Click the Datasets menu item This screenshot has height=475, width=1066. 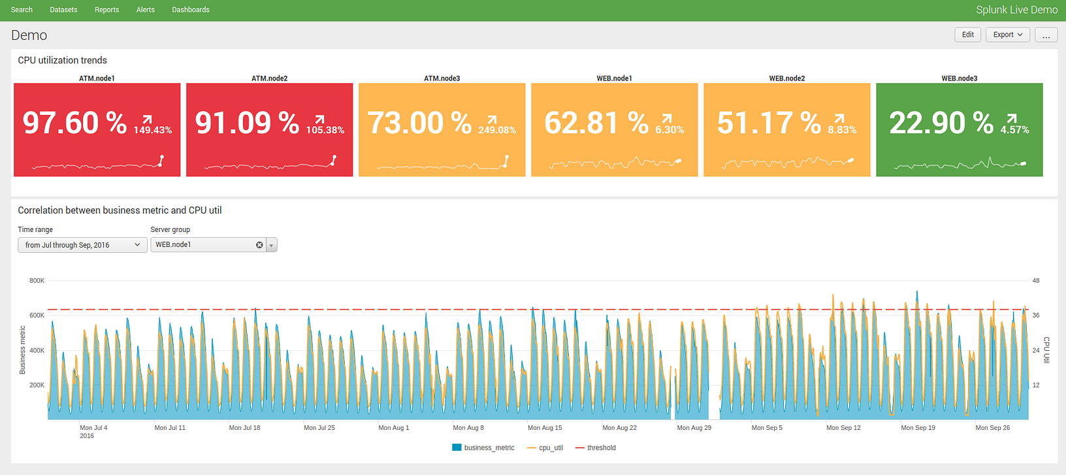tap(63, 10)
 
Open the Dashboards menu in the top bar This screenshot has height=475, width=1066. tap(191, 10)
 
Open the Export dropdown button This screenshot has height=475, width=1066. tap(1007, 35)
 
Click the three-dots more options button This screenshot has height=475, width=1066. tap(1046, 35)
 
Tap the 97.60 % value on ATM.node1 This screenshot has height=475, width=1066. tap(74, 123)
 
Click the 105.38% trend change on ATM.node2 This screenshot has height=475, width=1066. tap(325, 130)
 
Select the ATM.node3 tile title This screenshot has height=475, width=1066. tap(442, 78)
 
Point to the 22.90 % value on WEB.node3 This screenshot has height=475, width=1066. tap(941, 123)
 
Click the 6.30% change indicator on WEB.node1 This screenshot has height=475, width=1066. tap(670, 130)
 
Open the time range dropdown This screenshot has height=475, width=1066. tap(82, 245)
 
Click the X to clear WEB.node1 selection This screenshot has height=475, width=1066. tap(259, 245)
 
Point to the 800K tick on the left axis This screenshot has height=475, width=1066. tap(37, 281)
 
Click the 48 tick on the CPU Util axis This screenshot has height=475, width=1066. tap(1036, 281)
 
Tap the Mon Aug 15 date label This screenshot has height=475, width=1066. tap(545, 428)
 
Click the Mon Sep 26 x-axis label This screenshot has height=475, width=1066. tap(992, 428)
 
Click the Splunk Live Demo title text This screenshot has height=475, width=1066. tap(1016, 10)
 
